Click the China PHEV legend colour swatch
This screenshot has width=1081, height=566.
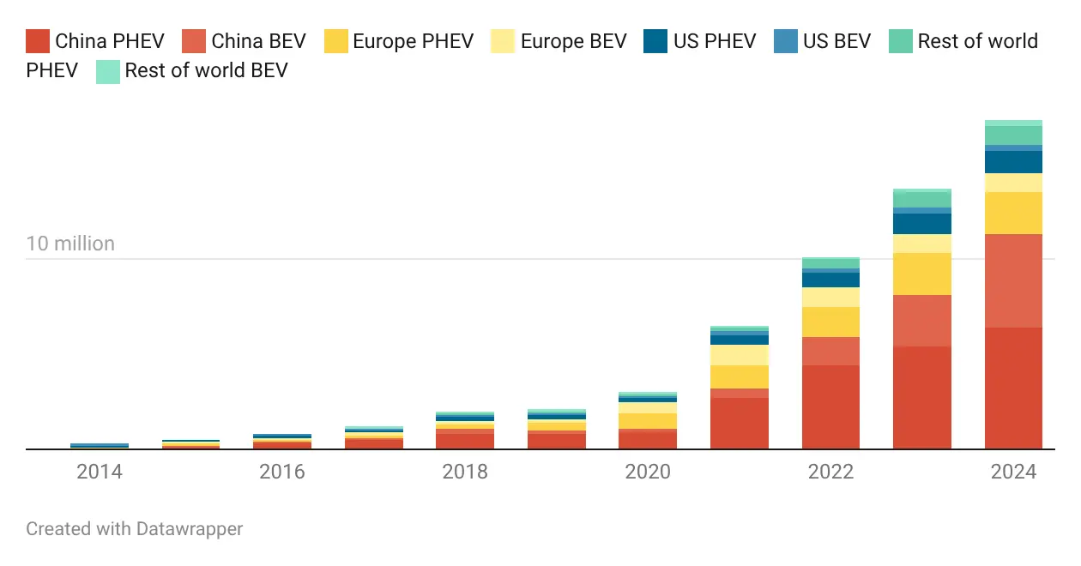[x=38, y=41]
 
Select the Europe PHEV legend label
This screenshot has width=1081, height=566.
[x=413, y=41]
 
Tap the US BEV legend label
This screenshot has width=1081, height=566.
[x=836, y=41]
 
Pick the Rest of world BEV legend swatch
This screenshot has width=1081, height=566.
[x=108, y=70]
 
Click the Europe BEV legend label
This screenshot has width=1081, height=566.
[x=573, y=41]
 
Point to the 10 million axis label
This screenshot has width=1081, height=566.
[x=70, y=244]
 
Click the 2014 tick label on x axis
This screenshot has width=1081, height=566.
[x=100, y=472]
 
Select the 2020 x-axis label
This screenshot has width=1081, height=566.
[x=648, y=472]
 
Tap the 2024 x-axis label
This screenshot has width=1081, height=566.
[x=1013, y=472]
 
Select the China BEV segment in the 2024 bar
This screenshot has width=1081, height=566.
[x=1013, y=280]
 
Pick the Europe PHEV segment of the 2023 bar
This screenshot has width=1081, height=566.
[x=922, y=274]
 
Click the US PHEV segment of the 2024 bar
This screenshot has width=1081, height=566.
[x=1013, y=162]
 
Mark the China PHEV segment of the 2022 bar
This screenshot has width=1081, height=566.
[x=830, y=406]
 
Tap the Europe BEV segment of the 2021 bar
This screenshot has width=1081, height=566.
[x=740, y=355]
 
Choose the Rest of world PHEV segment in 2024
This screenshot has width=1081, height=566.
[x=1013, y=135]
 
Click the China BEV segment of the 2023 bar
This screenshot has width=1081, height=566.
[x=922, y=321]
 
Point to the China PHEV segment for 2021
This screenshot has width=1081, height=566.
[x=740, y=423]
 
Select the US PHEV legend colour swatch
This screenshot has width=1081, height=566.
[x=655, y=41]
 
